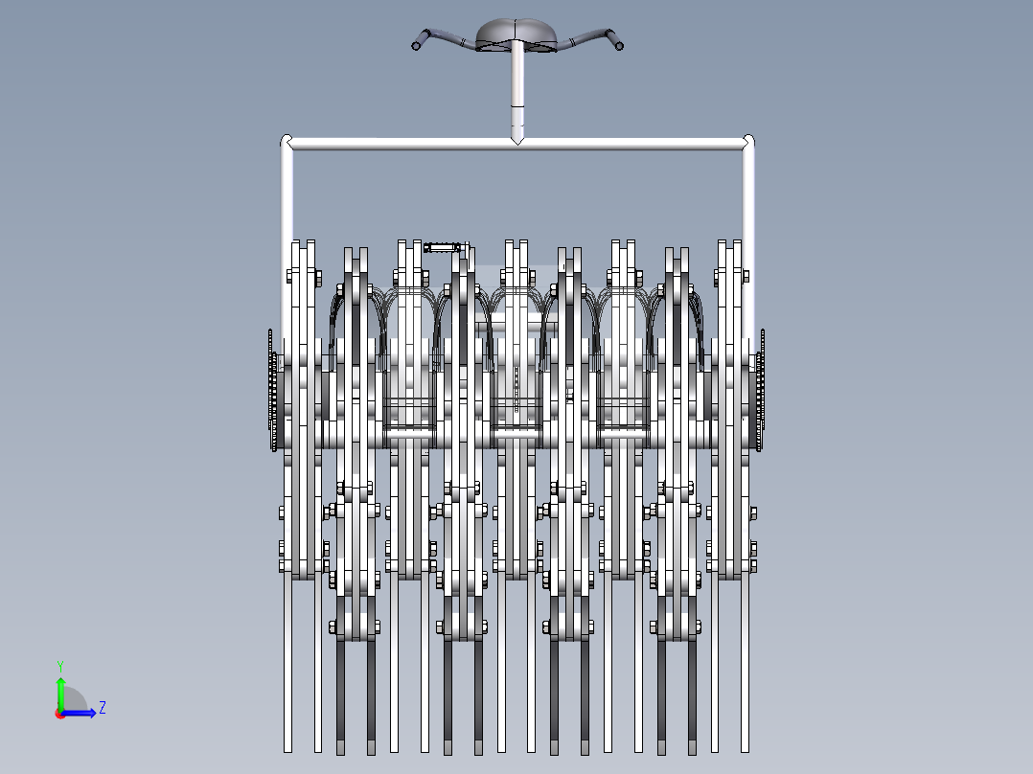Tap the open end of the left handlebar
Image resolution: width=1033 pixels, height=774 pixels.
(x=417, y=44)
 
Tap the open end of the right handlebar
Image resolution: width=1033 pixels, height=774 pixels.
(x=619, y=44)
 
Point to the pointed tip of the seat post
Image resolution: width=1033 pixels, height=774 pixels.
(x=517, y=139)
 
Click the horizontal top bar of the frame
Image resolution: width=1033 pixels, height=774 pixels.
(x=402, y=144)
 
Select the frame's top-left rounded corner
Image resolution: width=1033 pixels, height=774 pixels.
(x=286, y=143)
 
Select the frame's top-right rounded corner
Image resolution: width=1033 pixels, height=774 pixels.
(x=748, y=143)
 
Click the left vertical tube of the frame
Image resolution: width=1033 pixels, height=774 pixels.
(x=286, y=192)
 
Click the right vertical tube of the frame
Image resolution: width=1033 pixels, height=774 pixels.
(x=748, y=192)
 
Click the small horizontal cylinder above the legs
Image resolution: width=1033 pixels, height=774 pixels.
(x=441, y=248)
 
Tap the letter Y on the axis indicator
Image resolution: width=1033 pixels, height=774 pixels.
(x=59, y=665)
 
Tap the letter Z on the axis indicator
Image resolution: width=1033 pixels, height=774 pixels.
(x=102, y=708)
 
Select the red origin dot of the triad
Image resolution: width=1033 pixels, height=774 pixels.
(x=59, y=713)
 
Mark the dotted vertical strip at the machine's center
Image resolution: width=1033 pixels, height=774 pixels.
(x=516, y=388)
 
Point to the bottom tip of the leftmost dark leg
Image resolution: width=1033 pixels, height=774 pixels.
(x=340, y=748)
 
